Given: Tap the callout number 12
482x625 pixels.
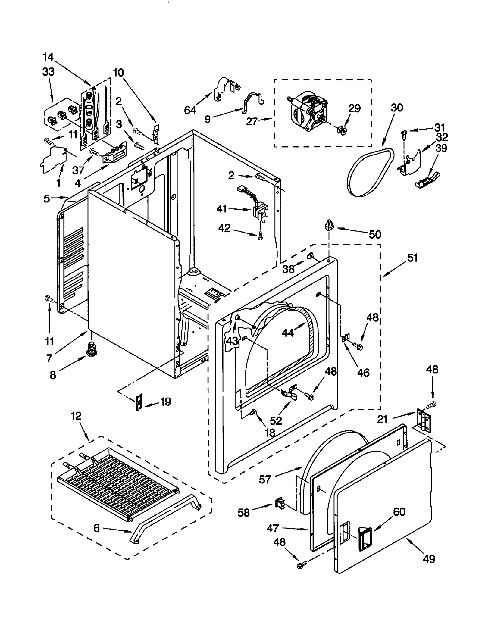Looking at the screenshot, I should pos(76,416).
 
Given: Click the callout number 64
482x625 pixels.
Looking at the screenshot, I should pos(190,110).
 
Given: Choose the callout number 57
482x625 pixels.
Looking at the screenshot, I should pos(265,479).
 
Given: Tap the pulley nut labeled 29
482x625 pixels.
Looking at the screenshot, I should pos(342,130).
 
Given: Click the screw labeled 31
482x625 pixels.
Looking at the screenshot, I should pos(403,133).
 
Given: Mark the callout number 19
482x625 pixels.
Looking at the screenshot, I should pos(165,402).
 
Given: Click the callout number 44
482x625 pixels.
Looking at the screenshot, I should pos(288,333).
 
